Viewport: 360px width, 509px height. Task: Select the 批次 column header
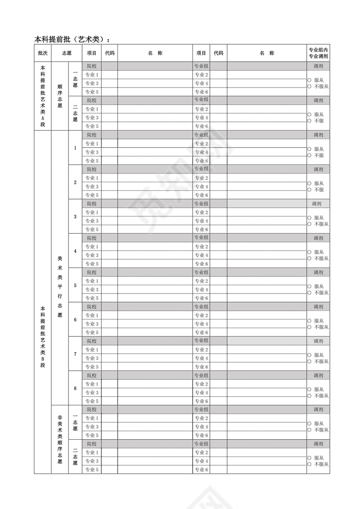(x=43, y=53)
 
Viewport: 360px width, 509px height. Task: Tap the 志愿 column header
(x=66, y=53)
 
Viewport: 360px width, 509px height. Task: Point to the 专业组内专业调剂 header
(x=318, y=53)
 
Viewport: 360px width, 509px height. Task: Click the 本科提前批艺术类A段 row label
(x=43, y=96)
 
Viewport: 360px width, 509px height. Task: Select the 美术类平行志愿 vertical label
(x=60, y=287)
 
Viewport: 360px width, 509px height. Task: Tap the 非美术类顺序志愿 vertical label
(x=60, y=439)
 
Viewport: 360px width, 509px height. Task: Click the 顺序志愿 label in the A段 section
(x=60, y=96)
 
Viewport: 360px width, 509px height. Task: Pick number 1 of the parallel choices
(x=75, y=148)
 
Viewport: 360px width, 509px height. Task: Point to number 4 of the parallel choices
(x=75, y=251)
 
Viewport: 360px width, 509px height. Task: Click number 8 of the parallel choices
(x=75, y=388)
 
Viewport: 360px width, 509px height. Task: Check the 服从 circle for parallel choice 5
(x=309, y=287)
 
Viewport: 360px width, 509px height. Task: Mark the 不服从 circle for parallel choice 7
(x=309, y=361)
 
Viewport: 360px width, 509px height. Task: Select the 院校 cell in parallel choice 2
(x=92, y=169)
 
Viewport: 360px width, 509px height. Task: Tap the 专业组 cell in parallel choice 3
(x=201, y=203)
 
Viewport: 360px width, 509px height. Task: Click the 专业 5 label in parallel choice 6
(x=92, y=333)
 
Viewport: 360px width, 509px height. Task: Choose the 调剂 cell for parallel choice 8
(x=318, y=375)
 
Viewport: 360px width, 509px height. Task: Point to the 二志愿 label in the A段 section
(x=75, y=113)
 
